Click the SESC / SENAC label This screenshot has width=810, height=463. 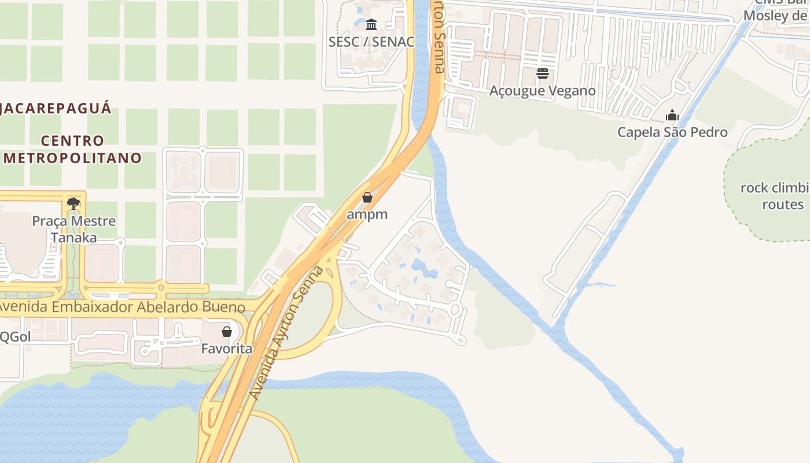371,42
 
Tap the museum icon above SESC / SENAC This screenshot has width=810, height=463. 371,24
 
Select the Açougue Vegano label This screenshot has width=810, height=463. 542,91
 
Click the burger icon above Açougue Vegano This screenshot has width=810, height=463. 542,74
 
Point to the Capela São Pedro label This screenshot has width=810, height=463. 672,132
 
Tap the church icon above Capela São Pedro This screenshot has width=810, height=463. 672,115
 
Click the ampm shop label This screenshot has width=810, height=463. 367,214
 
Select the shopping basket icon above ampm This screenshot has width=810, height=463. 367,197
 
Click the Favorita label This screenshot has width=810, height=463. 227,349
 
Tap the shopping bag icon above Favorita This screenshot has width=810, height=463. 227,332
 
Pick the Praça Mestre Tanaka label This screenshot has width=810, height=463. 73,229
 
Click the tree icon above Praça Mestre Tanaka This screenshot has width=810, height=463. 73,203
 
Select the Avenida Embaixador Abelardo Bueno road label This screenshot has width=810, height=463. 122,307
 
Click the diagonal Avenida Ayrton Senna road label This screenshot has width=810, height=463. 286,333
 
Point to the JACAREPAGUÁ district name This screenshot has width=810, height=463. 55,108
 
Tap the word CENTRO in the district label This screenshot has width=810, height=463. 73,141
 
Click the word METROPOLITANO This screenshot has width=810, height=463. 72,158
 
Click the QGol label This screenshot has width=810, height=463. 15,337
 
